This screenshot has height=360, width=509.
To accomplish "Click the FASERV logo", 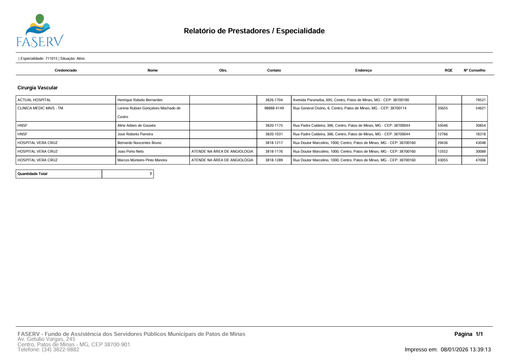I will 40,31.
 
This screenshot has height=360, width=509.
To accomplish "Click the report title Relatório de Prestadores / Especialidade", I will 254,31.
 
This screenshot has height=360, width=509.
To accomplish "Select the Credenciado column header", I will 66,70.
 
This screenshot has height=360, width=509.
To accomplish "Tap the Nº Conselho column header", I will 474,70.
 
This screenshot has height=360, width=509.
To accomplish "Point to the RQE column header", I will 448,70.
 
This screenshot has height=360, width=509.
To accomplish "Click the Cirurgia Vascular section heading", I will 37,87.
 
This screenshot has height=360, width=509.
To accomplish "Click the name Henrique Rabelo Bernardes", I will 140,100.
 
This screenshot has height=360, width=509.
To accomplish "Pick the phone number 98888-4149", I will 274,108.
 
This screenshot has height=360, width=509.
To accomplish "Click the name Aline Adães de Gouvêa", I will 137,125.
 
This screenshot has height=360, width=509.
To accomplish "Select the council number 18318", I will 481,134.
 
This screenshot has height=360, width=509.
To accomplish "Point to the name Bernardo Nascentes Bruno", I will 139,143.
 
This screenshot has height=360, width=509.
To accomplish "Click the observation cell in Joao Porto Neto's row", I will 223,151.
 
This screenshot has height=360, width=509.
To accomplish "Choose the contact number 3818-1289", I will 274,160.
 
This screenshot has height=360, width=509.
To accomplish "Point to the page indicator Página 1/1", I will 468,334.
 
